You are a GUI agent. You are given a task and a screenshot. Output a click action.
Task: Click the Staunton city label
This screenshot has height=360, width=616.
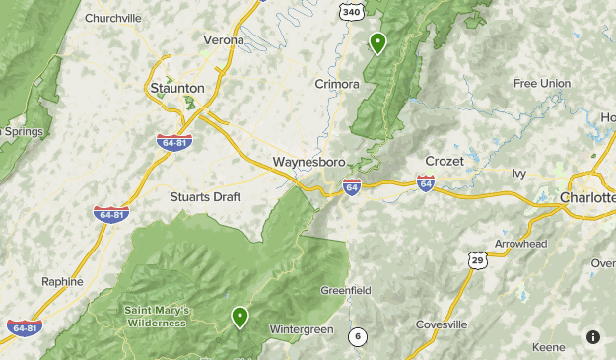(177, 89)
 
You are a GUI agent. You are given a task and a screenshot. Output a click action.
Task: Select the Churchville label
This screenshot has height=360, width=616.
(114, 18)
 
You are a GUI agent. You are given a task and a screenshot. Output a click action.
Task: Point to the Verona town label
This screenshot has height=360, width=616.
(223, 40)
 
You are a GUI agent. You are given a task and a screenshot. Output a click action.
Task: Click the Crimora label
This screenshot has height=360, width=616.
(337, 85)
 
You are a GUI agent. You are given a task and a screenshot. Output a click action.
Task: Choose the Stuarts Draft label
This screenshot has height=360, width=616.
(205, 196)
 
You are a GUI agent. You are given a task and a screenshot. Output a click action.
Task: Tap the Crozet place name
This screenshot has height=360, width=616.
(444, 161)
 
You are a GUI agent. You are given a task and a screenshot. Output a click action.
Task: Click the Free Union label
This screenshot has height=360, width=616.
(541, 84)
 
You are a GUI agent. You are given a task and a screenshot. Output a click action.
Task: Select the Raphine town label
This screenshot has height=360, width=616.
(62, 281)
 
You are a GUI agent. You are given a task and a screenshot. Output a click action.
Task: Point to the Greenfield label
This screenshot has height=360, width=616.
(345, 291)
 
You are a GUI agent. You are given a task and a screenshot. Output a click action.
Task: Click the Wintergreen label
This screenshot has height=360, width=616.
(302, 329)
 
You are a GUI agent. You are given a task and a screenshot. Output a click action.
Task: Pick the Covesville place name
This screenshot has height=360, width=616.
(442, 324)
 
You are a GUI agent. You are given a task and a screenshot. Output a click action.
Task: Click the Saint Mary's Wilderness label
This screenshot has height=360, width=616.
(156, 317)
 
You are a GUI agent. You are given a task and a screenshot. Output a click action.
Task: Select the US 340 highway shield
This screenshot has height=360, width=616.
(350, 11)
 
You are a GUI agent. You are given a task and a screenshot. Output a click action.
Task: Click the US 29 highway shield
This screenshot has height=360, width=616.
(476, 258)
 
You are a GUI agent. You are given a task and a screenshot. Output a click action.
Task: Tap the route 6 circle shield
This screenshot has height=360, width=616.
(358, 336)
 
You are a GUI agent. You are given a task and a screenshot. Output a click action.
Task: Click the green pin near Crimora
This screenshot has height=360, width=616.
(377, 42)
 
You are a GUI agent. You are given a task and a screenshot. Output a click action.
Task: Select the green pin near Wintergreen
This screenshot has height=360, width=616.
(240, 317)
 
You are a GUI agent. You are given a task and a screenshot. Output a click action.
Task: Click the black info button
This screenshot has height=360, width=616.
(593, 336)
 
